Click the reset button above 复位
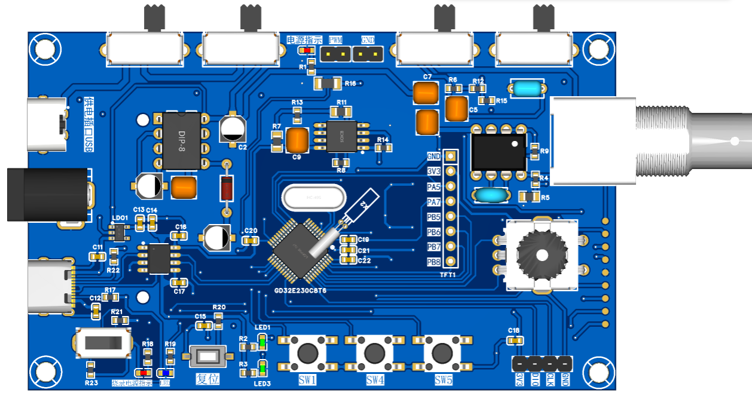click(x=208, y=357)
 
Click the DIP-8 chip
click(x=182, y=141)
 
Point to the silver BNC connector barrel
click(x=693, y=141)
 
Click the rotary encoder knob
click(x=542, y=254)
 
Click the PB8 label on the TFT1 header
click(x=433, y=262)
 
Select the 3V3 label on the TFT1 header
click(x=433, y=171)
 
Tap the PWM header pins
click(x=336, y=54)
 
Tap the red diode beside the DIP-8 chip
click(x=227, y=188)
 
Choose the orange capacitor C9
click(x=297, y=140)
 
